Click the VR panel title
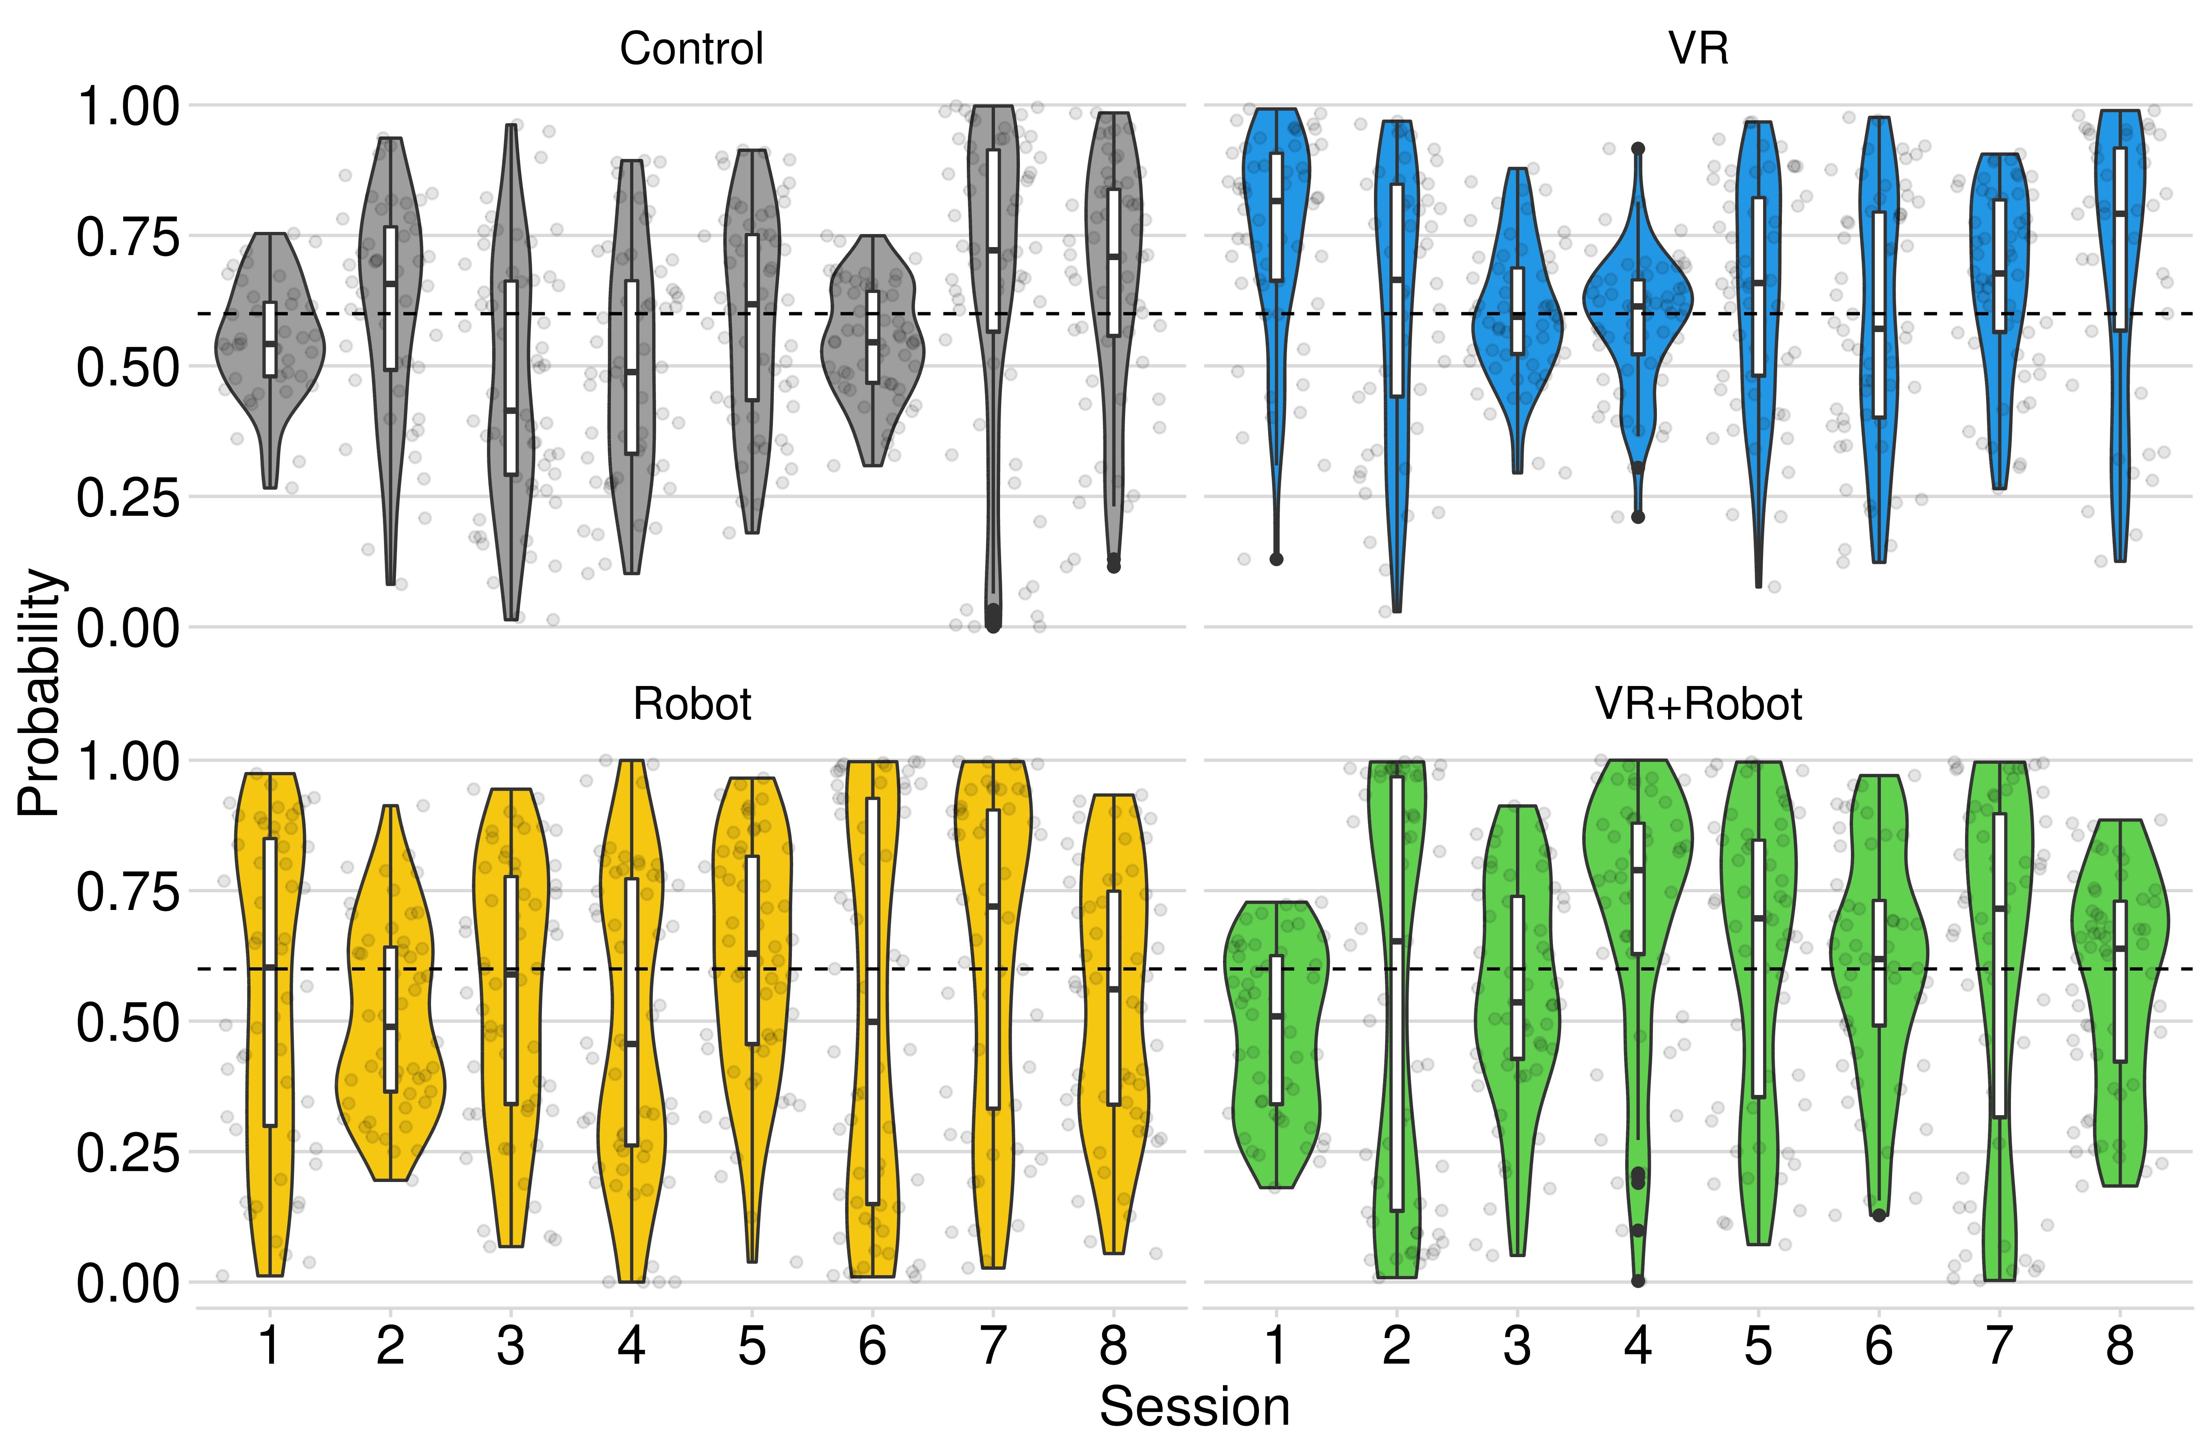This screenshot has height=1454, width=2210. coord(1698,48)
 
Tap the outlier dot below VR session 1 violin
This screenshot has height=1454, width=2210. coord(1277,559)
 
